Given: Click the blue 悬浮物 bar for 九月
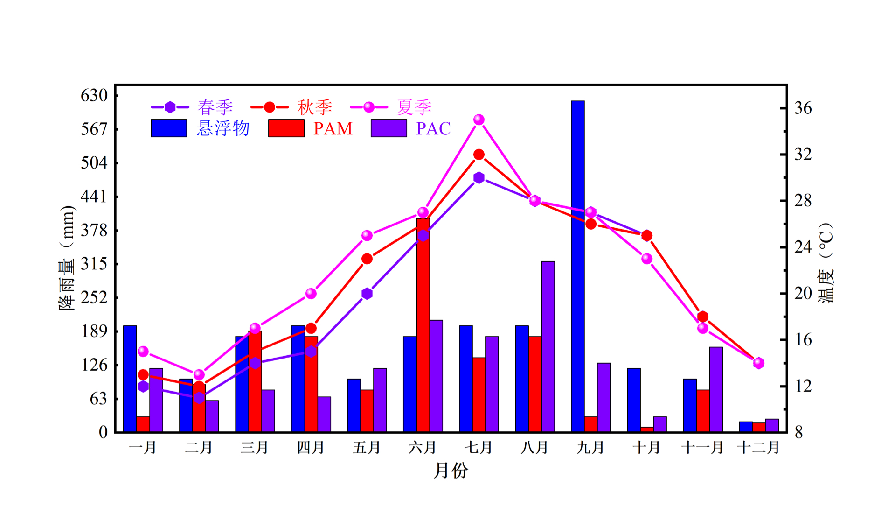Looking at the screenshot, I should coord(577,266).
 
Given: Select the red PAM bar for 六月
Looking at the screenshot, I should coord(423,325).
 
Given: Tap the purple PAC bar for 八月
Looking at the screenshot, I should coord(548,346).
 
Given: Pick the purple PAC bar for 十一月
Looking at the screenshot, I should coord(716,389).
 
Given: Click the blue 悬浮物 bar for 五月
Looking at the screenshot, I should coord(354,405).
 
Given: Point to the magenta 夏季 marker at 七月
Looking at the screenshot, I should coord(479,120).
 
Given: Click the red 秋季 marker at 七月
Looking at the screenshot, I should coord(479,155).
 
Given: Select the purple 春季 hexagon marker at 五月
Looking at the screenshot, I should coord(367,294).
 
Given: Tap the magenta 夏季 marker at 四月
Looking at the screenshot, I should coord(311,294).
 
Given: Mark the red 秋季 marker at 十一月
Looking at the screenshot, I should coord(703,317).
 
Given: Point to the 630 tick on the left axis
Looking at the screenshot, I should coord(94,96).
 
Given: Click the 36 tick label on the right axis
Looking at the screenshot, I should coord(803,108).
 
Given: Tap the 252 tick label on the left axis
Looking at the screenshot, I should coord(94,297).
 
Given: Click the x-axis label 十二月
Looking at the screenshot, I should coord(758,448).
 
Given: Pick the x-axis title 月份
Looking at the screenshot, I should coord(451,471).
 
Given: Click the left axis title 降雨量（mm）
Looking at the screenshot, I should coord(66,258).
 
